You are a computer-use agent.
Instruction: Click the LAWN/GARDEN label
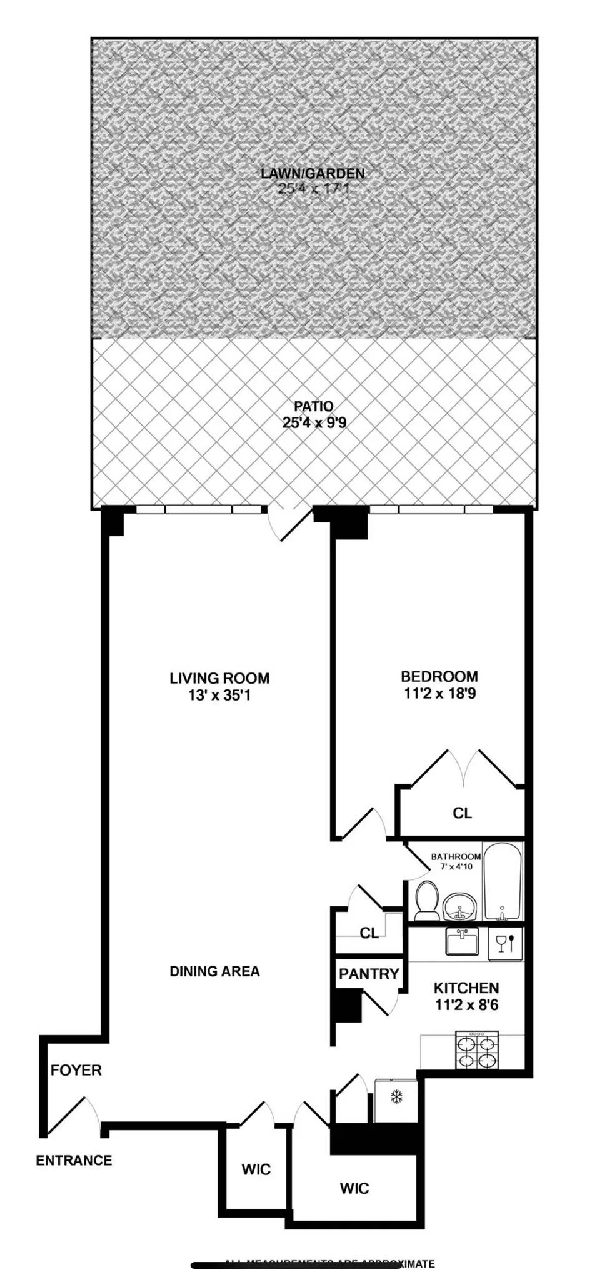point(313,173)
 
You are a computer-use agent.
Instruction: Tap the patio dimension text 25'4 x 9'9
point(314,422)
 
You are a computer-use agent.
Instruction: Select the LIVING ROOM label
point(219,678)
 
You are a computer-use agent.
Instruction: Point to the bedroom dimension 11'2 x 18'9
point(439,693)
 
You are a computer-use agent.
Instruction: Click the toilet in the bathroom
point(428,900)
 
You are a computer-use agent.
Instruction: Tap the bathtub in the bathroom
point(503,882)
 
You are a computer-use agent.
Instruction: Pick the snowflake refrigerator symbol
point(396,1096)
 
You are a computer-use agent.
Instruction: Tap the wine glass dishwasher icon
point(505,942)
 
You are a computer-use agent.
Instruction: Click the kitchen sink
point(462,941)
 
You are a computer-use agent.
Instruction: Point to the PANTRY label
point(369,974)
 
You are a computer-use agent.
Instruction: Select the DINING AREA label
point(214,971)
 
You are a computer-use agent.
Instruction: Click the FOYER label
point(76,1070)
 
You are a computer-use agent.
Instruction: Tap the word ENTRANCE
point(74,1161)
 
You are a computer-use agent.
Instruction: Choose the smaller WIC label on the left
point(256,1169)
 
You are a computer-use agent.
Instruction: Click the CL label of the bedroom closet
point(462,813)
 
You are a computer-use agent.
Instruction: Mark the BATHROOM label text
point(456,857)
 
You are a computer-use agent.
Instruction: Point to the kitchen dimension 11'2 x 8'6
point(466,1005)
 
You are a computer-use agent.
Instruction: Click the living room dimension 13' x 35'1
point(219,695)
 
